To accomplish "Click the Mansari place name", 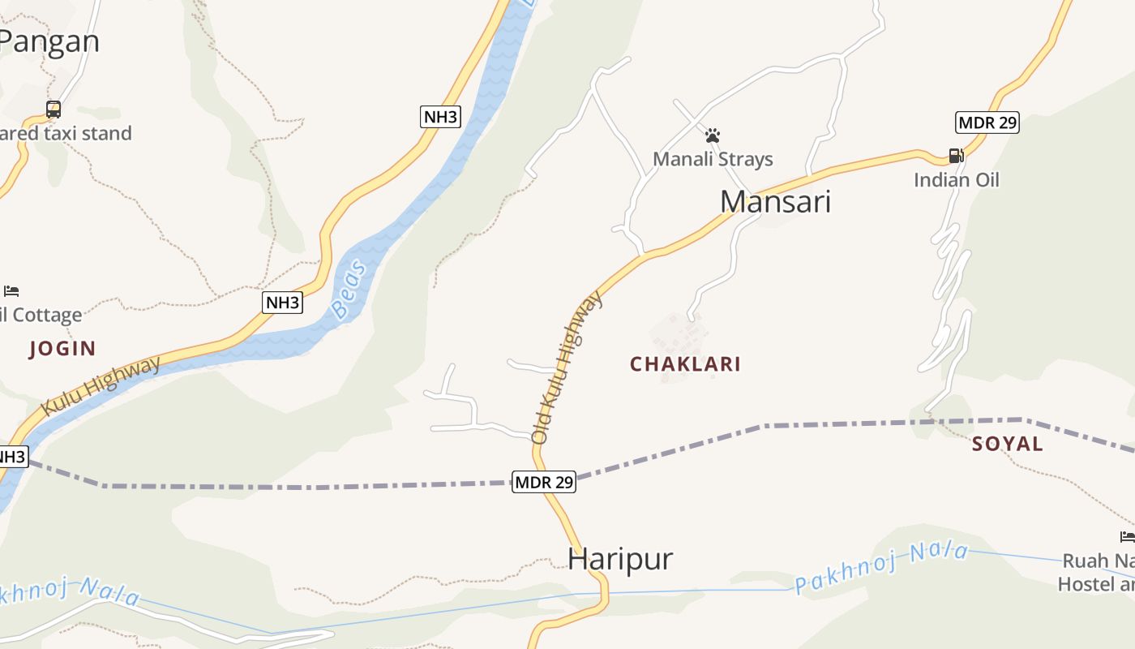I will [775, 201].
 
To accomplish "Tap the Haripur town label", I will [620, 559].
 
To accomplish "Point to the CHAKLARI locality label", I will [685, 363].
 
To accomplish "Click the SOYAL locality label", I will [1007, 444].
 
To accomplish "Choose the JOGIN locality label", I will [62, 349].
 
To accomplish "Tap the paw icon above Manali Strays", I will [713, 135].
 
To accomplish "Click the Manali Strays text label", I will [713, 159].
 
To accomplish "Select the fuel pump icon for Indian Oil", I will [956, 156].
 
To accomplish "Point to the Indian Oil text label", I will [957, 179].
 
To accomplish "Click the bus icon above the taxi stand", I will [54, 110].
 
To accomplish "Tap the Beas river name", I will [349, 289].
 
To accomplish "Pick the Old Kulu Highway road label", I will [567, 367].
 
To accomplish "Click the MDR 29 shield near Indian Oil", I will [987, 122].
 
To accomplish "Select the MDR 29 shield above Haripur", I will [544, 482].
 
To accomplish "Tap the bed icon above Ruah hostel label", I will [1127, 536].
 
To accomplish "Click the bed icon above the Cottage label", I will [11, 290].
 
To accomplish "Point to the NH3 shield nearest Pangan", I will [441, 116].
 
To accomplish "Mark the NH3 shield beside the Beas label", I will [283, 303].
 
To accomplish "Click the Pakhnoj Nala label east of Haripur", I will [881, 568].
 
